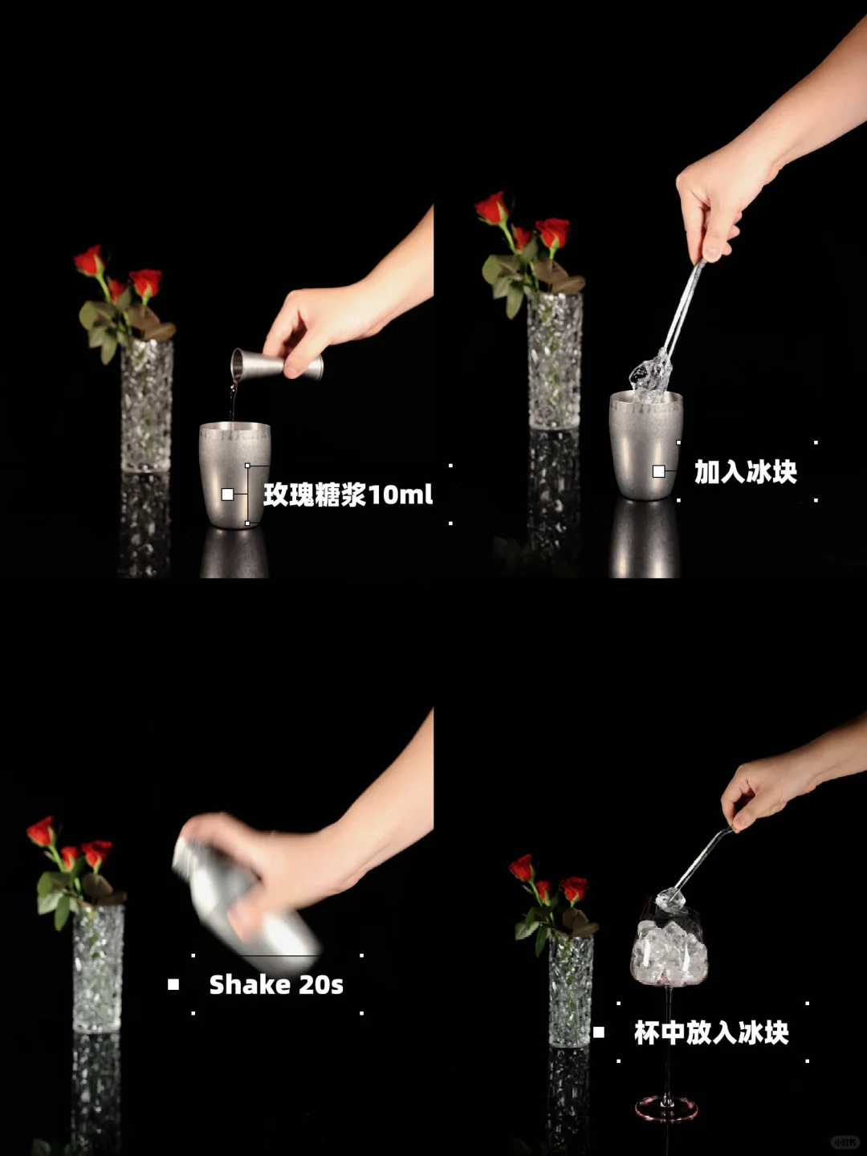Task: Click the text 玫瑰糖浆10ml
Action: click(348, 495)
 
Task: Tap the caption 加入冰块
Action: click(746, 472)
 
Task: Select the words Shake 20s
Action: click(276, 984)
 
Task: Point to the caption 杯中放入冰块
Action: click(711, 1032)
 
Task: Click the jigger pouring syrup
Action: click(277, 364)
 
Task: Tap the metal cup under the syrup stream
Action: click(234, 474)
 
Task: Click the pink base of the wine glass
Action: click(667, 1109)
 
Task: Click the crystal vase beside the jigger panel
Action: click(147, 405)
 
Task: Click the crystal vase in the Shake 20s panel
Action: click(99, 968)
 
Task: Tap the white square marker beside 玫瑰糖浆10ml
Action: click(227, 495)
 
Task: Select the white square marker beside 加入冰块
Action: click(658, 471)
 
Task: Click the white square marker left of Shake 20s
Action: click(173, 984)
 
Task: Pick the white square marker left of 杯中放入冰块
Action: click(599, 1032)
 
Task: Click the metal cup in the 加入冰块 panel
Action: click(646, 445)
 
